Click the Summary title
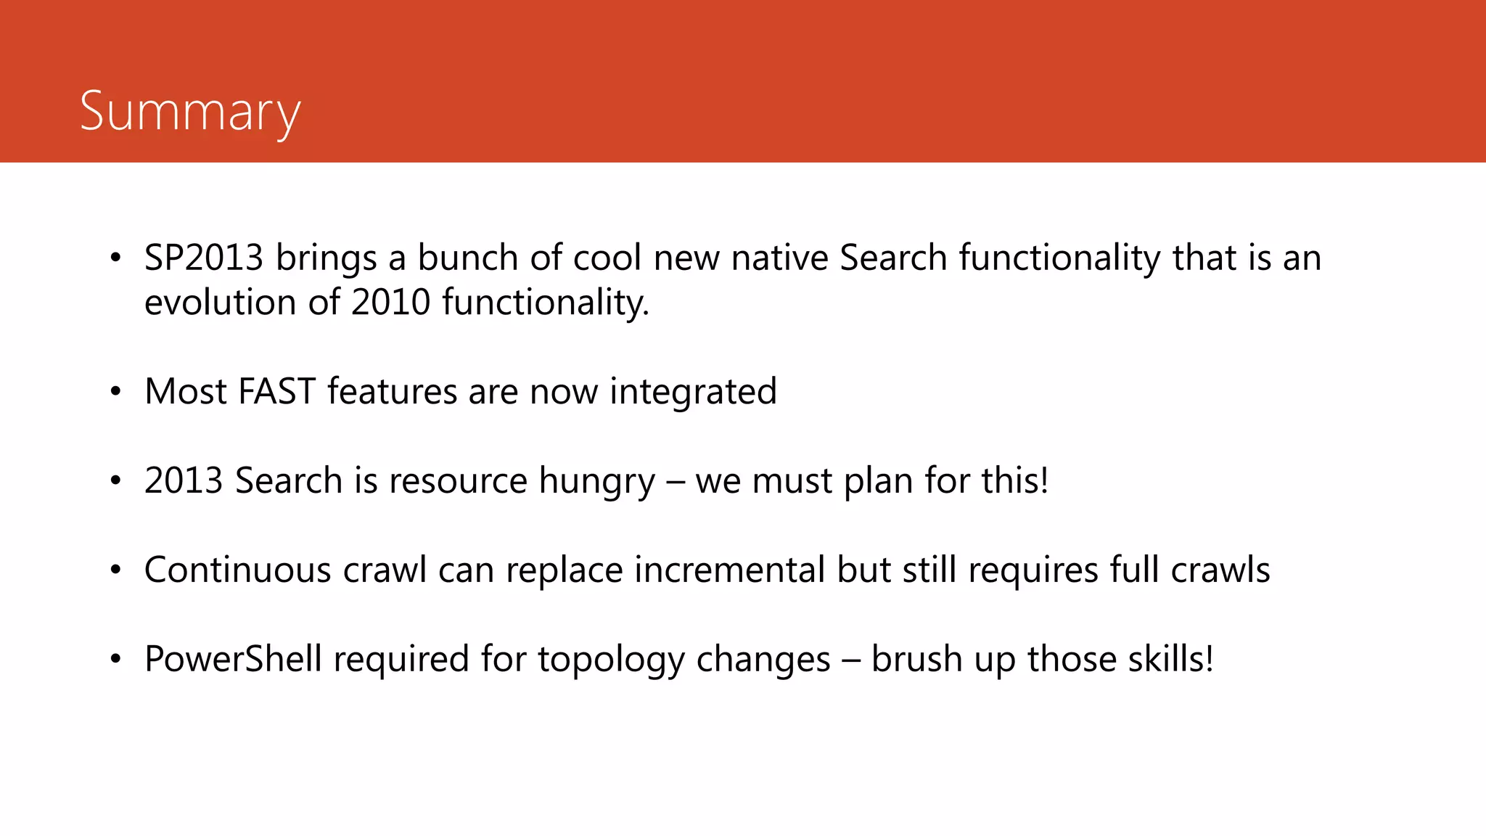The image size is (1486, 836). coord(190,112)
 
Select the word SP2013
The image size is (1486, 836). coord(203,258)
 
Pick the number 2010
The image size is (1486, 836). coord(391,303)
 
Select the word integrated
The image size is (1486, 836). coord(693,392)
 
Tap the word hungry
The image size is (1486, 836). coord(596,481)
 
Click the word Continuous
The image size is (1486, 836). coord(238,570)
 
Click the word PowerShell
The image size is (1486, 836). coord(233,659)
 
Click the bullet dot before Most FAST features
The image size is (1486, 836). coord(115,392)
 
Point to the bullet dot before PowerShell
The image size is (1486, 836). coord(115,660)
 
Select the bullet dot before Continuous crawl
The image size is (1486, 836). coord(115,570)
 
